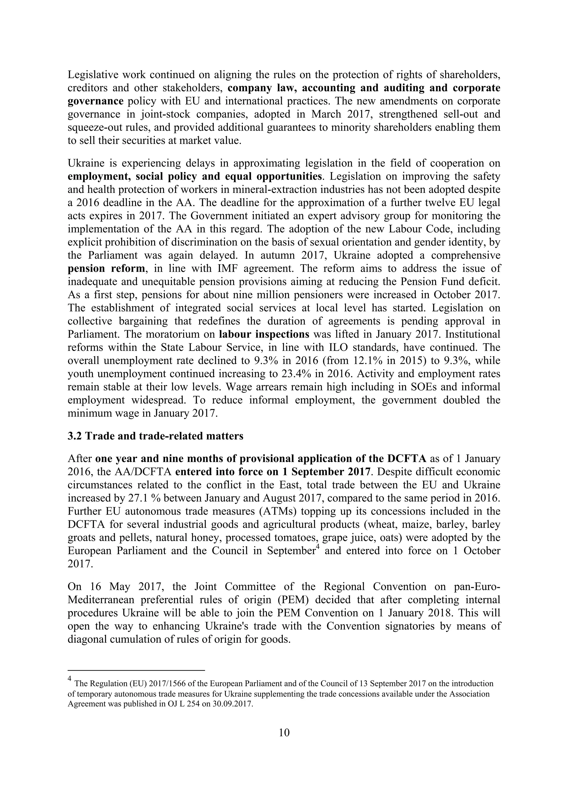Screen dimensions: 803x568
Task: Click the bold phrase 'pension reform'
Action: point(106,269)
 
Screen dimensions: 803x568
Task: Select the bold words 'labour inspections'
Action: point(264,334)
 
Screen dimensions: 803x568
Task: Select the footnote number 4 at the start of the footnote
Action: point(69,679)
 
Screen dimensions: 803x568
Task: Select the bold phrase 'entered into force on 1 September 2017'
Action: point(273,472)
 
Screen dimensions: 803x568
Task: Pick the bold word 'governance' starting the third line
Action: point(95,101)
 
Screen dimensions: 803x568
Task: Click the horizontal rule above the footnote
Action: point(136,671)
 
